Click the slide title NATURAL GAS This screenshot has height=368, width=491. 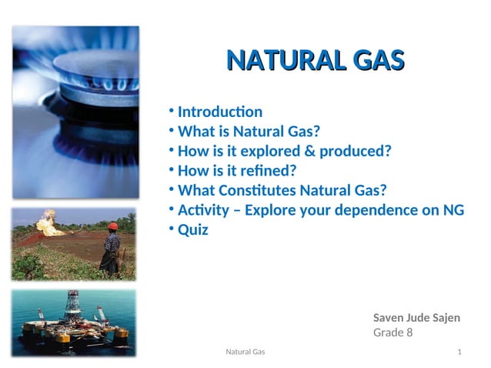[x=316, y=60]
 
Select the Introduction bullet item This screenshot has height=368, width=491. [x=219, y=112]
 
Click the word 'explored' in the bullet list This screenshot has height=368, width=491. [x=272, y=151]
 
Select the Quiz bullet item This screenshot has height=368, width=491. [x=192, y=229]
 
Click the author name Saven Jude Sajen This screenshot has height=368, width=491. [x=416, y=317]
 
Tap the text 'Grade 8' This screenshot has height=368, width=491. [x=392, y=333]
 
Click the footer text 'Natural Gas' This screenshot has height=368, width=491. [x=245, y=352]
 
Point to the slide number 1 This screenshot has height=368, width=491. [x=459, y=352]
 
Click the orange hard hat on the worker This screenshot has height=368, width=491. [x=112, y=226]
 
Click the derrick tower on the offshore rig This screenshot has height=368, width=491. [x=73, y=305]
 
